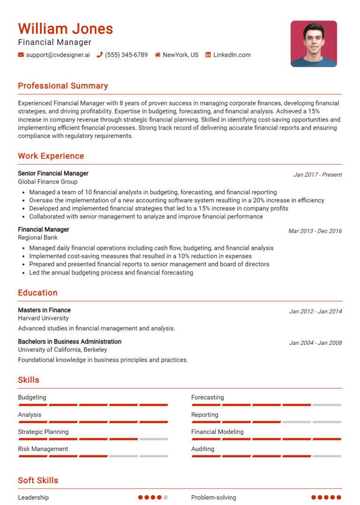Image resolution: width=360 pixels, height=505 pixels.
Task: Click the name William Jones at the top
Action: pyautogui.click(x=66, y=29)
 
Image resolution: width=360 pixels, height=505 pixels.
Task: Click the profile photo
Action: pyautogui.click(x=314, y=44)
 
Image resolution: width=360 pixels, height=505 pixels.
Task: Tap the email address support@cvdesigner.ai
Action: pyautogui.click(x=58, y=55)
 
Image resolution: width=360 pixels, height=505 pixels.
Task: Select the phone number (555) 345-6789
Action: pyautogui.click(x=126, y=55)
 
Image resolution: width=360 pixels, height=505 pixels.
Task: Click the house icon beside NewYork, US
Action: pyautogui.click(x=158, y=55)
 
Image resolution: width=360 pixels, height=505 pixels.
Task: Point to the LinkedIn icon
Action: pyautogui.click(x=208, y=55)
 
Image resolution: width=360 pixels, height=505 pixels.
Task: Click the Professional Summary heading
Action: pyautogui.click(x=63, y=86)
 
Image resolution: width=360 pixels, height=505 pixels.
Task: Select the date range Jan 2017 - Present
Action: pyautogui.click(x=317, y=175)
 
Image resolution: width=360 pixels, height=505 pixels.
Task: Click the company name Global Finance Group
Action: pyautogui.click(x=48, y=182)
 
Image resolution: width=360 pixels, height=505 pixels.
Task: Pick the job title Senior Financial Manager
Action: pyautogui.click(x=53, y=173)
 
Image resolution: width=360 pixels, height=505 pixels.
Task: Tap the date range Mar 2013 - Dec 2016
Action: pyautogui.click(x=315, y=231)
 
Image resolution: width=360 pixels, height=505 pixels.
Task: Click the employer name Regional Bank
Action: pyautogui.click(x=37, y=238)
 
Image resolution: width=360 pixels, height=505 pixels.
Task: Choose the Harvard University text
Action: pyautogui.click(x=43, y=318)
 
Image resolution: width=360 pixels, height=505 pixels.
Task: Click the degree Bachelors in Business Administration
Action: pyautogui.click(x=69, y=342)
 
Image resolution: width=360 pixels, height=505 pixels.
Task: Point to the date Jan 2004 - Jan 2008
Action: pyautogui.click(x=315, y=343)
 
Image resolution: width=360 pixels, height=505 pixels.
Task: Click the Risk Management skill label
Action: pyautogui.click(x=43, y=449)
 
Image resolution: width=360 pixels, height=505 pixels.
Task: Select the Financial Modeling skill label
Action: pyautogui.click(x=217, y=432)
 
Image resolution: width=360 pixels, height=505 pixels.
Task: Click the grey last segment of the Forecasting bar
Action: pyautogui.click(x=327, y=405)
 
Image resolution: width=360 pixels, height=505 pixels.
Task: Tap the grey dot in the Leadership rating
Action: pyautogui.click(x=165, y=498)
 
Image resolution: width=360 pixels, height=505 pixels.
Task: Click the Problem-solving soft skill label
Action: pyautogui.click(x=214, y=498)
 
